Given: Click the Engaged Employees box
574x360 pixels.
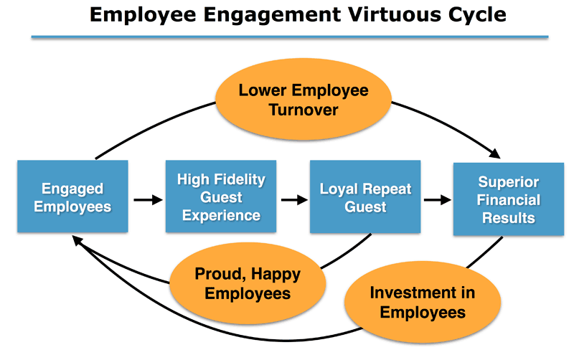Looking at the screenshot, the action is pyautogui.click(x=72, y=196).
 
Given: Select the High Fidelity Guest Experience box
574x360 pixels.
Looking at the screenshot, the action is pyautogui.click(x=221, y=196).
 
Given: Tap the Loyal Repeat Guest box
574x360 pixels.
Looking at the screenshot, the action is pyautogui.click(x=365, y=196).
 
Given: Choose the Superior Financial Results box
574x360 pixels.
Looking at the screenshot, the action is pyautogui.click(x=509, y=199).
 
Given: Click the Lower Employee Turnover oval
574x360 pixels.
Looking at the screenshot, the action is pyautogui.click(x=304, y=99).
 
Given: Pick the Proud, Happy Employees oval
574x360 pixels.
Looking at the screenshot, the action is pyautogui.click(x=248, y=283).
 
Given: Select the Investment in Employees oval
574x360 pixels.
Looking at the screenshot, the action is pyautogui.click(x=423, y=302).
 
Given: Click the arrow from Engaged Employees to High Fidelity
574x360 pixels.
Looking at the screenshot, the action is pyautogui.click(x=149, y=200).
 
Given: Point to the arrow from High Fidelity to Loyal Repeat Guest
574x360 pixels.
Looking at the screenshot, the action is pyautogui.click(x=294, y=200).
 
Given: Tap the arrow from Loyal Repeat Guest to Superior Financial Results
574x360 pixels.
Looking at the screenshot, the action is pyautogui.click(x=438, y=200).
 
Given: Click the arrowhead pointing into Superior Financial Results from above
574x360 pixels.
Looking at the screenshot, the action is pyautogui.click(x=495, y=153).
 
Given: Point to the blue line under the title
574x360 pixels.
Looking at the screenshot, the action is pyautogui.click(x=290, y=37).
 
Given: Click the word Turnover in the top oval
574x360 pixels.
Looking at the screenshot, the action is pyautogui.click(x=304, y=110).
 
